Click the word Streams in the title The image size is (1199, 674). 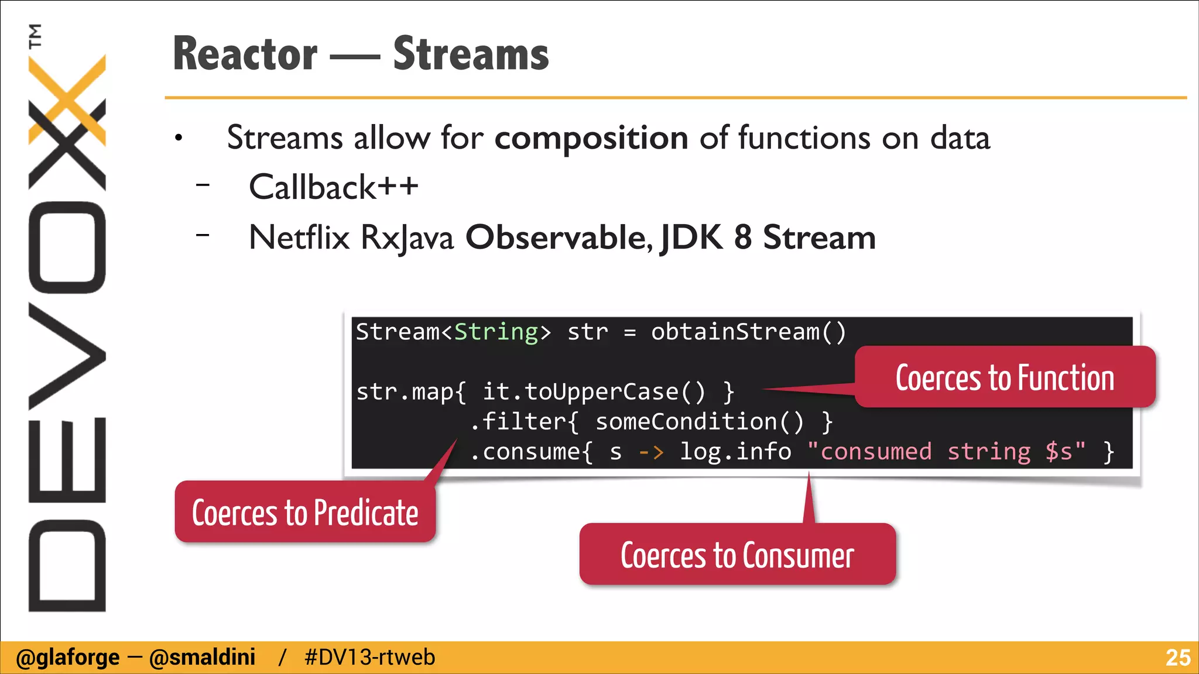(x=471, y=54)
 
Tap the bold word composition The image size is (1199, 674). (x=591, y=138)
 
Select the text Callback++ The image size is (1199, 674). (x=333, y=187)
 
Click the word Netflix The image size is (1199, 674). (x=299, y=238)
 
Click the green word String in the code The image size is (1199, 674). (x=496, y=332)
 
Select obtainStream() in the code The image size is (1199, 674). (x=748, y=332)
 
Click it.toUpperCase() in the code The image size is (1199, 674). (x=594, y=392)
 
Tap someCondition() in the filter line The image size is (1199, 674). (x=700, y=422)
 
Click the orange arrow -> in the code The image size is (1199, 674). (x=651, y=452)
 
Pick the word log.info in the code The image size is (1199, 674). (x=735, y=452)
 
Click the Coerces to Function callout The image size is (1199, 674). (x=1005, y=377)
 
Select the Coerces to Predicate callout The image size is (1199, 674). (x=305, y=513)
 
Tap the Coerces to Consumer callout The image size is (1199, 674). (x=737, y=555)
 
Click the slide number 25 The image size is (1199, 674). (x=1177, y=658)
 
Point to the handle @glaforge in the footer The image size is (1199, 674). (x=68, y=658)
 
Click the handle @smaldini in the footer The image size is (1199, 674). (x=202, y=658)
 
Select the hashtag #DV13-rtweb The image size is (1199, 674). (x=369, y=658)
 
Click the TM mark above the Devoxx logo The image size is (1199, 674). (x=35, y=36)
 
